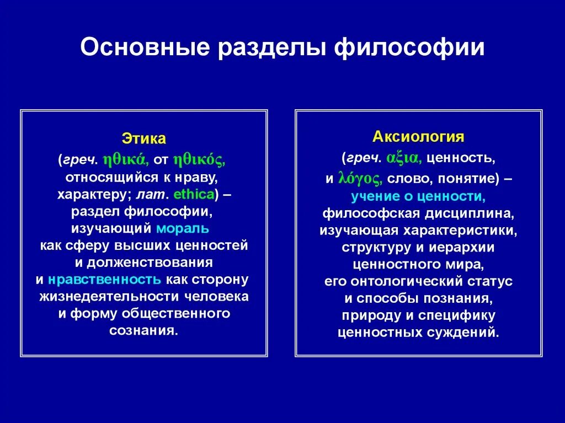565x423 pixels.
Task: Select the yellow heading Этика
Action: tap(143, 139)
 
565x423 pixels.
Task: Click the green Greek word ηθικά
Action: tap(125, 160)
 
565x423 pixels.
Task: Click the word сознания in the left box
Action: tap(143, 330)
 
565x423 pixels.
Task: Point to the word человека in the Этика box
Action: tap(216, 296)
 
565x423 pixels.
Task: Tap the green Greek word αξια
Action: tap(404, 159)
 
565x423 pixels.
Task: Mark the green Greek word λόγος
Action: tap(359, 179)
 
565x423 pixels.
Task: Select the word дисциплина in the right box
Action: tap(474, 213)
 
